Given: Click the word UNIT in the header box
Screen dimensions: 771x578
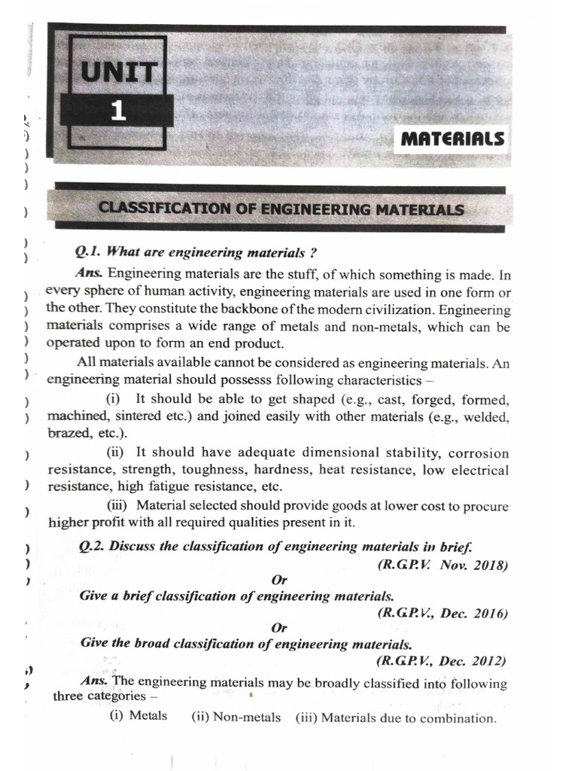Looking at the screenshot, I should tap(121, 73).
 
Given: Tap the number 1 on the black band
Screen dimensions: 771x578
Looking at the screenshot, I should tap(118, 111).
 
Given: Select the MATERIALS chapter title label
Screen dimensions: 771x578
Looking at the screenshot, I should tap(452, 139).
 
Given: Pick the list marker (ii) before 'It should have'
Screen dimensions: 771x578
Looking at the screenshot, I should tap(117, 453).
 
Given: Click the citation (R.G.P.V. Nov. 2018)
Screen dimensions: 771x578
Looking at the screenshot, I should tap(443, 564).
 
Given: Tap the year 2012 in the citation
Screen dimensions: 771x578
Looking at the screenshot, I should tap(490, 662).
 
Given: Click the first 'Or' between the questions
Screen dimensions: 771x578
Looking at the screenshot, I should tap(279, 579).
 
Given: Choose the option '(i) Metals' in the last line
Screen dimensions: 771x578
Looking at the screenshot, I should tap(138, 715).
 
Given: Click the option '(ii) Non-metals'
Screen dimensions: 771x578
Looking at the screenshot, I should tap(236, 717).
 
